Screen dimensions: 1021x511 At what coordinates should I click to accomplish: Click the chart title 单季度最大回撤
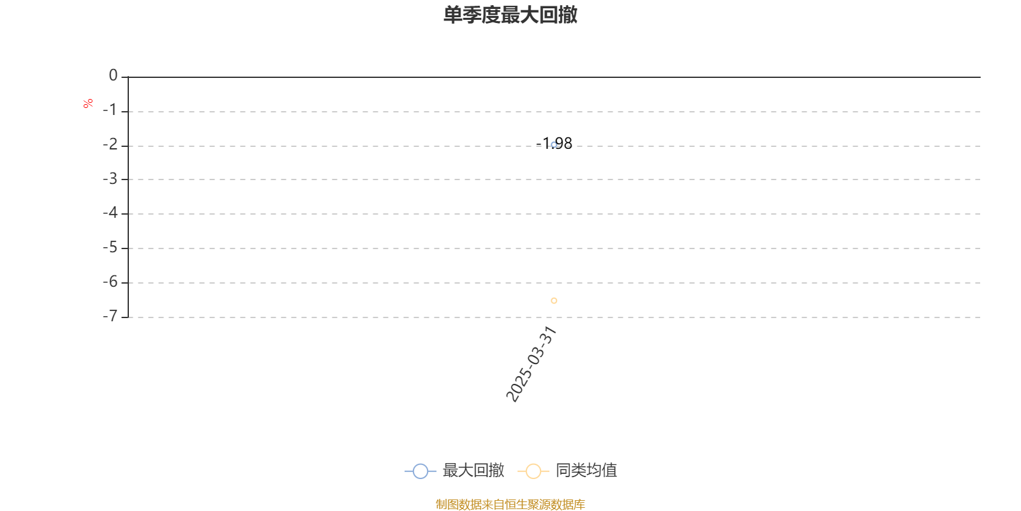[x=510, y=15]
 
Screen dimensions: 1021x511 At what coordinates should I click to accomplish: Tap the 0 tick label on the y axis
[x=113, y=75]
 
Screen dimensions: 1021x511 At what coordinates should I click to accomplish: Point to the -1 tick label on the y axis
[x=110, y=110]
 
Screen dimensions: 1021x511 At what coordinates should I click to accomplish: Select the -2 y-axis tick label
[x=110, y=144]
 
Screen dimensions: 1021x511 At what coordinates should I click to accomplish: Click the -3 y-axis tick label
[x=110, y=179]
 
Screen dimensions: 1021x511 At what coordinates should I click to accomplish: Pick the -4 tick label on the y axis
[x=110, y=213]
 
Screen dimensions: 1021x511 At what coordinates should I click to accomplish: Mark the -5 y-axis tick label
[x=110, y=248]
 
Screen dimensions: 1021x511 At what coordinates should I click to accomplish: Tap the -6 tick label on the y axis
[x=110, y=282]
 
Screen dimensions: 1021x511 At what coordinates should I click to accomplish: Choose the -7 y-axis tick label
[x=110, y=316]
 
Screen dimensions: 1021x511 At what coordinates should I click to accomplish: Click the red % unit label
[x=88, y=103]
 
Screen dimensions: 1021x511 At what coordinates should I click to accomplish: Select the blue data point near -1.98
[x=554, y=145]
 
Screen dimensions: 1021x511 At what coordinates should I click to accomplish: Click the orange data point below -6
[x=554, y=301]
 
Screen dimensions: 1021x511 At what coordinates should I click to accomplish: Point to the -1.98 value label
[x=554, y=143]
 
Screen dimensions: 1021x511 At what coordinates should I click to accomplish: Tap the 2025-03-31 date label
[x=531, y=364]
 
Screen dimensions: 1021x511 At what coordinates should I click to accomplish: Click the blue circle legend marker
[x=421, y=471]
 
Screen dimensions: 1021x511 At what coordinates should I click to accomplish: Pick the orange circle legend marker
[x=533, y=471]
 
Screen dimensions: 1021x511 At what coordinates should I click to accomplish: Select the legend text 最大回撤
[x=473, y=470]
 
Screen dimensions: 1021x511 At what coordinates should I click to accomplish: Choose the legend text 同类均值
[x=586, y=470]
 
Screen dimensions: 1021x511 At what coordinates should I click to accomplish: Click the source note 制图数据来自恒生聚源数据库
[x=510, y=504]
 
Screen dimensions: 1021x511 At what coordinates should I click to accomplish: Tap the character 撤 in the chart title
[x=568, y=15]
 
